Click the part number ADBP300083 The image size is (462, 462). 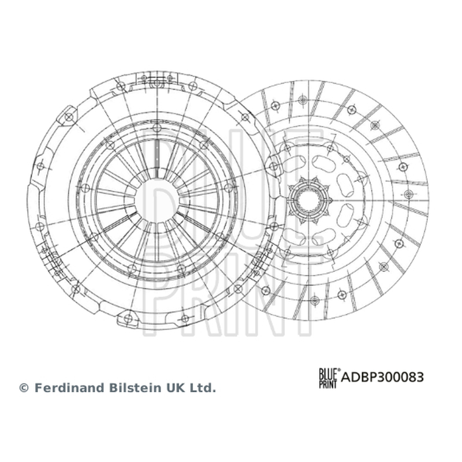coord(382,377)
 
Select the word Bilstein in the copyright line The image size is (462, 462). coord(135,388)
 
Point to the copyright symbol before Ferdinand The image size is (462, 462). coord(24,388)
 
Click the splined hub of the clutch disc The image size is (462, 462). coord(309,200)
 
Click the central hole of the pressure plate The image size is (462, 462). coord(157,200)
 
